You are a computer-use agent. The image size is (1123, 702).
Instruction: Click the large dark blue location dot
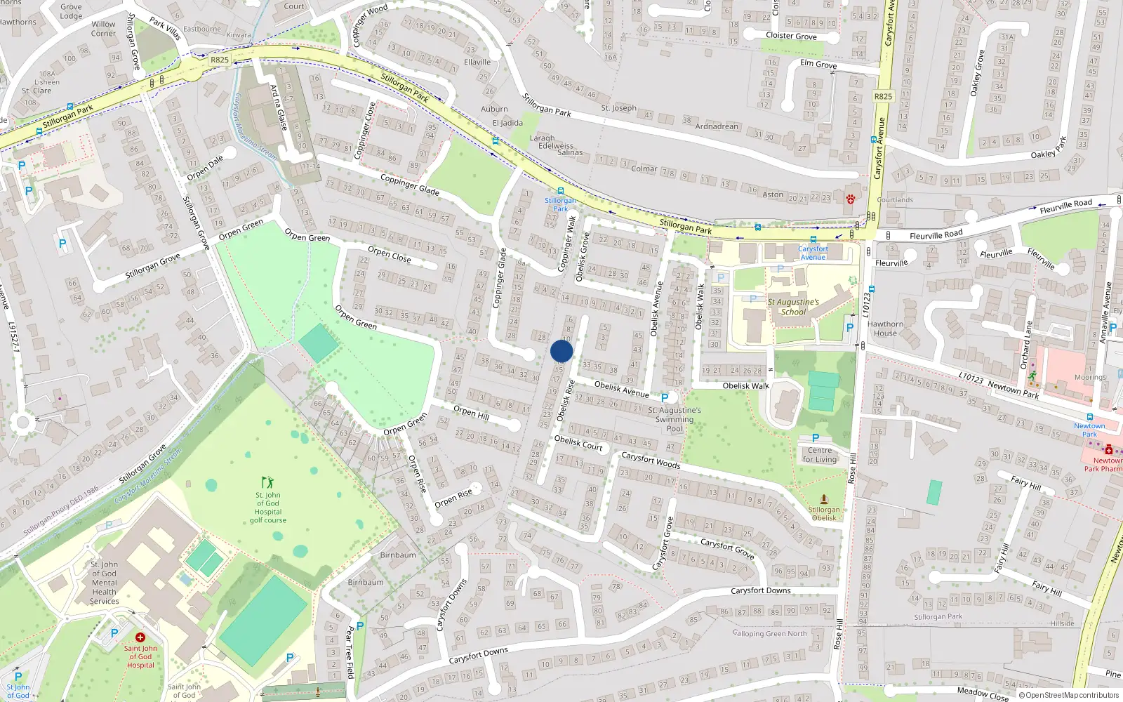[x=561, y=351]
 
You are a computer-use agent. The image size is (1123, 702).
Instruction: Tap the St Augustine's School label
[x=793, y=307]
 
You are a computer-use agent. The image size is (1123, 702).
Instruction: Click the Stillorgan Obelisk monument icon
[x=824, y=499]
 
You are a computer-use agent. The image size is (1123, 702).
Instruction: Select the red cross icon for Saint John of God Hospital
[x=140, y=637]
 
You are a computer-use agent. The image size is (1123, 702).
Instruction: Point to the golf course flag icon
[x=267, y=482]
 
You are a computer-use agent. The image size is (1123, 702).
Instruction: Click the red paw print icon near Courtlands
[x=851, y=198]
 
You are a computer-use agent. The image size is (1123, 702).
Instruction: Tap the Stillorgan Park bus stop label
[x=560, y=204]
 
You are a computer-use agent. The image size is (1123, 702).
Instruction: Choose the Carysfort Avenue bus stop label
[x=813, y=253]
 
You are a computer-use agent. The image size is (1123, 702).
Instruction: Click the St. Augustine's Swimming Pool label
[x=674, y=419]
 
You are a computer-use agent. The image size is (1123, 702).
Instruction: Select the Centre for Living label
[x=820, y=455]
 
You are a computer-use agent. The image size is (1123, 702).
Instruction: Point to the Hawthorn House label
[x=885, y=329]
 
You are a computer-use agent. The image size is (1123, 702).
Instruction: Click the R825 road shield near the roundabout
[x=220, y=60]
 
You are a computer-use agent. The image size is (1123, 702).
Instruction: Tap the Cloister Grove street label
[x=791, y=36]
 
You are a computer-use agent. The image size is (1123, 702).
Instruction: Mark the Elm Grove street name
[x=818, y=64]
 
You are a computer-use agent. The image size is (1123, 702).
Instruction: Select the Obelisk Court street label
[x=578, y=442]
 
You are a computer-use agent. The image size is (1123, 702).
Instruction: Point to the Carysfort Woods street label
[x=651, y=460]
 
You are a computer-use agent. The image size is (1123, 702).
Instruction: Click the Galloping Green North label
[x=770, y=633]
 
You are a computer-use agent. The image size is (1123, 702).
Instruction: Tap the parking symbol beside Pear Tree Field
[x=360, y=626]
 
